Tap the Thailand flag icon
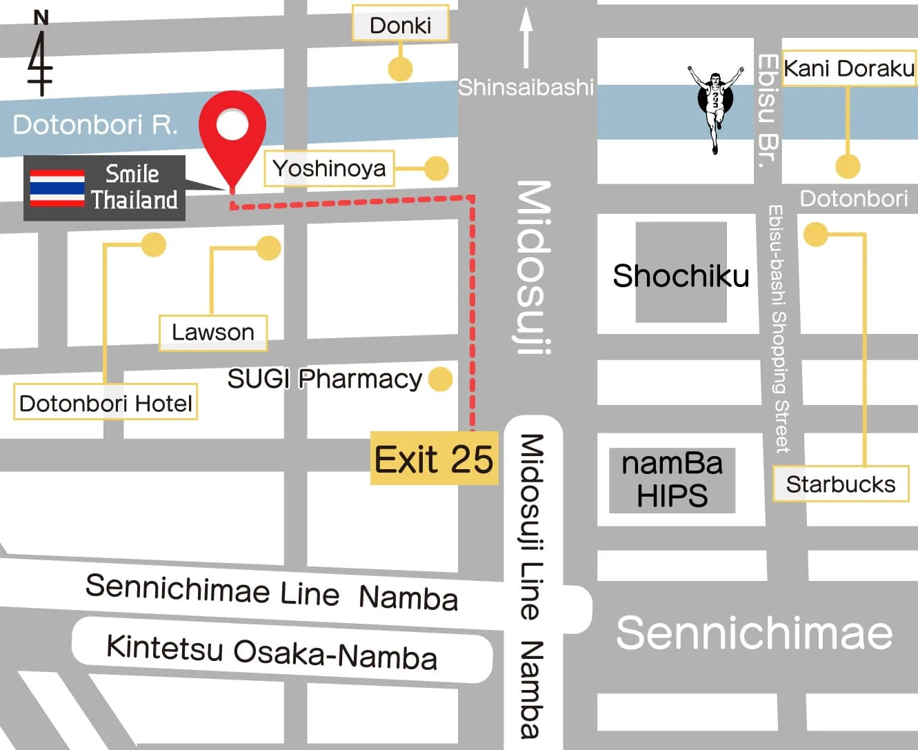tap(57, 188)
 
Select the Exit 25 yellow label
tap(434, 459)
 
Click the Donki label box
tap(400, 26)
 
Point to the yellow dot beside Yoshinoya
tap(436, 168)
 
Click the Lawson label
tap(212, 333)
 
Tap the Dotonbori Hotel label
tap(106, 403)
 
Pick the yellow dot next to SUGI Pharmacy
tap(440, 379)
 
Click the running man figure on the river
tap(716, 103)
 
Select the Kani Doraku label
tap(848, 69)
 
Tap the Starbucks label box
tap(840, 484)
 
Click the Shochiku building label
tap(681, 276)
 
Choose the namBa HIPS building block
tap(672, 480)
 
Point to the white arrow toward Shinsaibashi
tap(526, 38)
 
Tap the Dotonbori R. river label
tap(95, 125)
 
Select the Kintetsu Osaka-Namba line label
tap(272, 652)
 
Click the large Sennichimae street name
tap(754, 633)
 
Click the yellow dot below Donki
tap(400, 68)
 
